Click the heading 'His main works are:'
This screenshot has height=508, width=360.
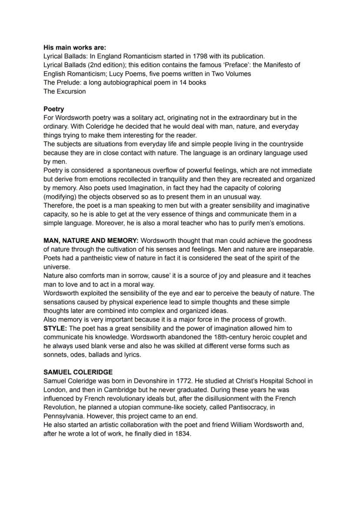tap(74, 47)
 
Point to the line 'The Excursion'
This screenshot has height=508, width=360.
tap(64, 91)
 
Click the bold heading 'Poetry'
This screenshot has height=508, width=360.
tap(53, 109)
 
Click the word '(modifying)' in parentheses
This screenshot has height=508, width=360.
tap(60, 196)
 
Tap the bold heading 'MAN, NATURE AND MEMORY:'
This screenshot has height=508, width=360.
tap(91, 240)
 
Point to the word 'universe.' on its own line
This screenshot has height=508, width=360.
tap(57, 267)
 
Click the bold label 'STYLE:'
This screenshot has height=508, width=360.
tap(55, 328)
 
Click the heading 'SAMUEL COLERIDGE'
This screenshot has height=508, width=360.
tap(78, 372)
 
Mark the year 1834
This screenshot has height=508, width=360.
tap(183, 434)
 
